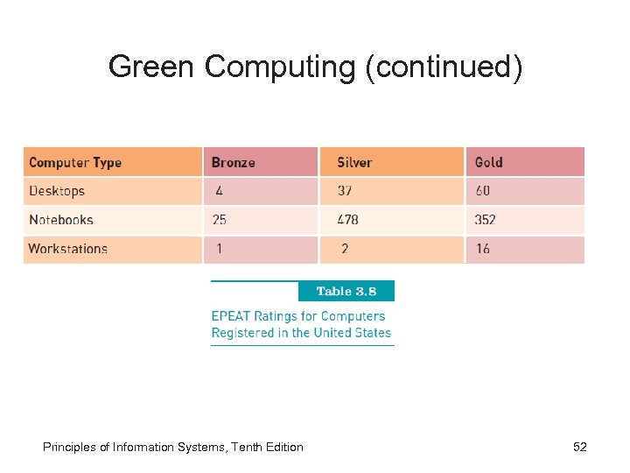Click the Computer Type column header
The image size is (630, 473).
[75, 162]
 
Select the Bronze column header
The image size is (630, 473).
[234, 162]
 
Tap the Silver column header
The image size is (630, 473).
[354, 162]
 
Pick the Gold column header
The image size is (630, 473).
[488, 162]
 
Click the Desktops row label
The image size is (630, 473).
[57, 191]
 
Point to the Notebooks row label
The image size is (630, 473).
[61, 220]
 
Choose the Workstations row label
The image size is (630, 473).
[67, 249]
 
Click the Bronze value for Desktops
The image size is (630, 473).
[219, 191]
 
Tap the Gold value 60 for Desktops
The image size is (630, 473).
[483, 191]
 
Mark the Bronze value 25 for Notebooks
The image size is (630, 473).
[220, 220]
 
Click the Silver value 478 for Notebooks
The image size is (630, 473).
[348, 220]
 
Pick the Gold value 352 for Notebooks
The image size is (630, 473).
[486, 220]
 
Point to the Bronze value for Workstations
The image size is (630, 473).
[219, 249]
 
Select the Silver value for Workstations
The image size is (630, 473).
[345, 249]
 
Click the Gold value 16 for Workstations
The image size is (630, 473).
[483, 249]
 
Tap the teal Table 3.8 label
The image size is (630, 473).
[346, 291]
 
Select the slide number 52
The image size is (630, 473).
[579, 447]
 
